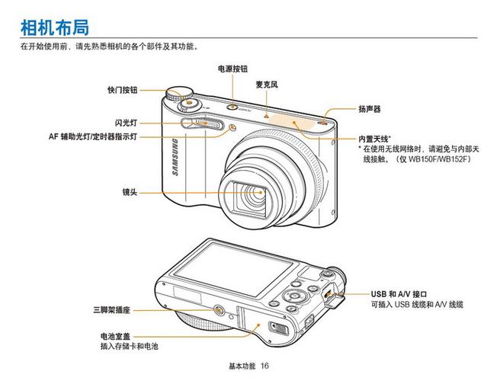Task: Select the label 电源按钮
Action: pyautogui.click(x=232, y=69)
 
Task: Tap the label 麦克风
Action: pyautogui.click(x=266, y=85)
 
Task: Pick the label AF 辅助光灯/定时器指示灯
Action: pyautogui.click(x=92, y=136)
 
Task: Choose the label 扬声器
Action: pyautogui.click(x=370, y=109)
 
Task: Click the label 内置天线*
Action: pyautogui.click(x=374, y=138)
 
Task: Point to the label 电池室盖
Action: pyautogui.click(x=115, y=336)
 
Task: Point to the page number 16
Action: pyautogui.click(x=264, y=367)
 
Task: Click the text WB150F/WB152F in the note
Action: pyautogui.click(x=437, y=159)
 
